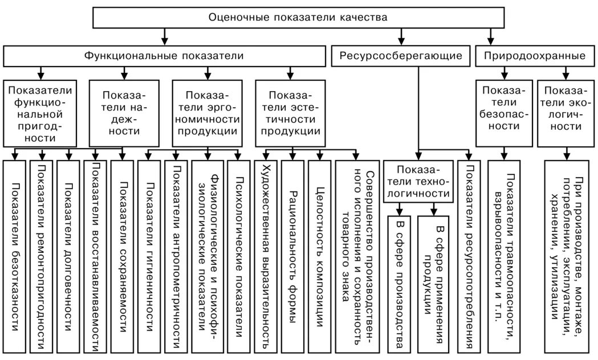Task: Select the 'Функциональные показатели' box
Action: click(165, 56)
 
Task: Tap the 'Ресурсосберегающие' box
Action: click(401, 56)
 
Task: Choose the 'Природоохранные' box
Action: click(535, 56)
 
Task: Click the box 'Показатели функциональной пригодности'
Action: click(40, 113)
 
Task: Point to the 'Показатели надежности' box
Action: click(124, 113)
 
